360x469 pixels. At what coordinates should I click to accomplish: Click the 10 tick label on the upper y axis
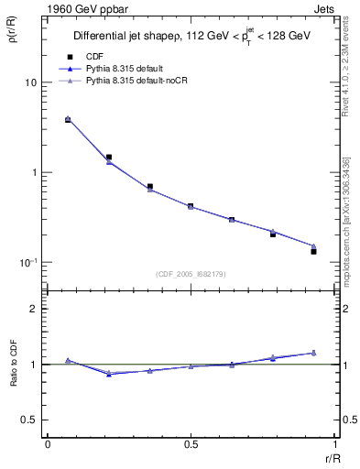click(x=29, y=82)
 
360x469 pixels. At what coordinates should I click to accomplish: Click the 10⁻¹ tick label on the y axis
click(x=27, y=262)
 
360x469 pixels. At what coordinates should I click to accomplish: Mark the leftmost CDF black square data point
click(x=68, y=120)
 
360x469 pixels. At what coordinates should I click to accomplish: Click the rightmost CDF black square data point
click(x=313, y=251)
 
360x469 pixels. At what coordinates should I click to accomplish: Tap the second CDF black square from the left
click(x=109, y=157)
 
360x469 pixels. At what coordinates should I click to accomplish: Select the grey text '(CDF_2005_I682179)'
click(x=191, y=273)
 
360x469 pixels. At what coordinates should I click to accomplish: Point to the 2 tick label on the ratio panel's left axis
click(x=33, y=310)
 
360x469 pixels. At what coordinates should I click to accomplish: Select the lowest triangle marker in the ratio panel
click(x=109, y=374)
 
